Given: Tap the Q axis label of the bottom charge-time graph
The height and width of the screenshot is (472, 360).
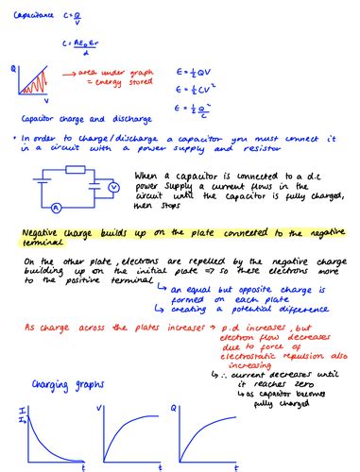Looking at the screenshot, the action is (198, 408).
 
